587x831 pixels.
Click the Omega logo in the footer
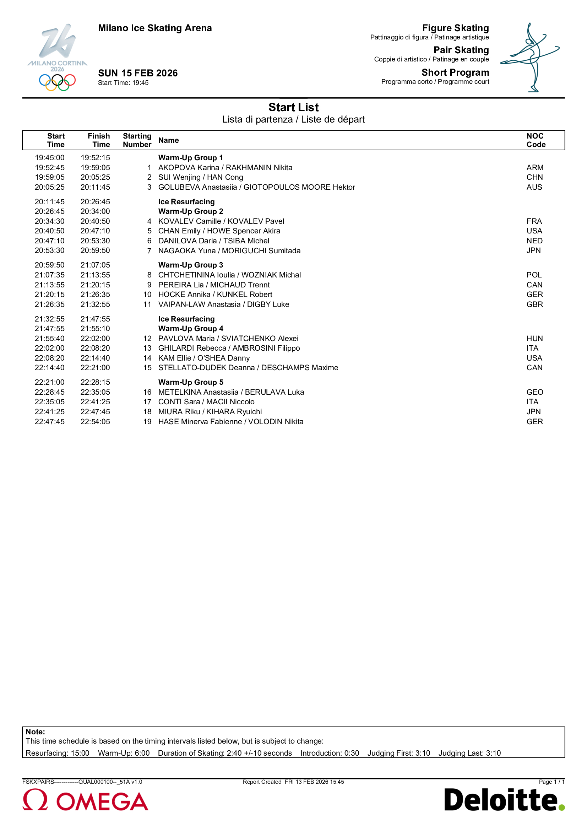[x=85, y=801]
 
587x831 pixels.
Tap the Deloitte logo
[x=504, y=800]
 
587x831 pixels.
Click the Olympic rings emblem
[x=57, y=82]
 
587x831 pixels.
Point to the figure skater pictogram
[x=530, y=57]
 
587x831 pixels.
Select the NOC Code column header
[x=536, y=140]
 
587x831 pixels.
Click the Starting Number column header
[x=137, y=140]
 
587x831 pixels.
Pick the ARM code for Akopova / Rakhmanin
[x=534, y=168]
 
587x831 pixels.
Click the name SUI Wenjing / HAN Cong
[x=200, y=177]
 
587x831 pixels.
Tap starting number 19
[x=147, y=422]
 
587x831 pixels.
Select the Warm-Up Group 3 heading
[x=191, y=265]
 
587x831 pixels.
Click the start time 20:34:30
[x=50, y=221]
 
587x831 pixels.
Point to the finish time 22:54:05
[x=95, y=422]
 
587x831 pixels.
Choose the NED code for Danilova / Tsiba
[x=534, y=241]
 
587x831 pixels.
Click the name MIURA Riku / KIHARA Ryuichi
[x=210, y=412]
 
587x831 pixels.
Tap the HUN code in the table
[x=534, y=339]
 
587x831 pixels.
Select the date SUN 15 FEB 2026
[x=138, y=73]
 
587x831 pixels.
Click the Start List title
[x=293, y=107]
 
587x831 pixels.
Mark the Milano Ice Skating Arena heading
[x=155, y=28]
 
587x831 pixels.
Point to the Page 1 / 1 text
[x=551, y=782]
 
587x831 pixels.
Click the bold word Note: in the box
[x=36, y=732]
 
